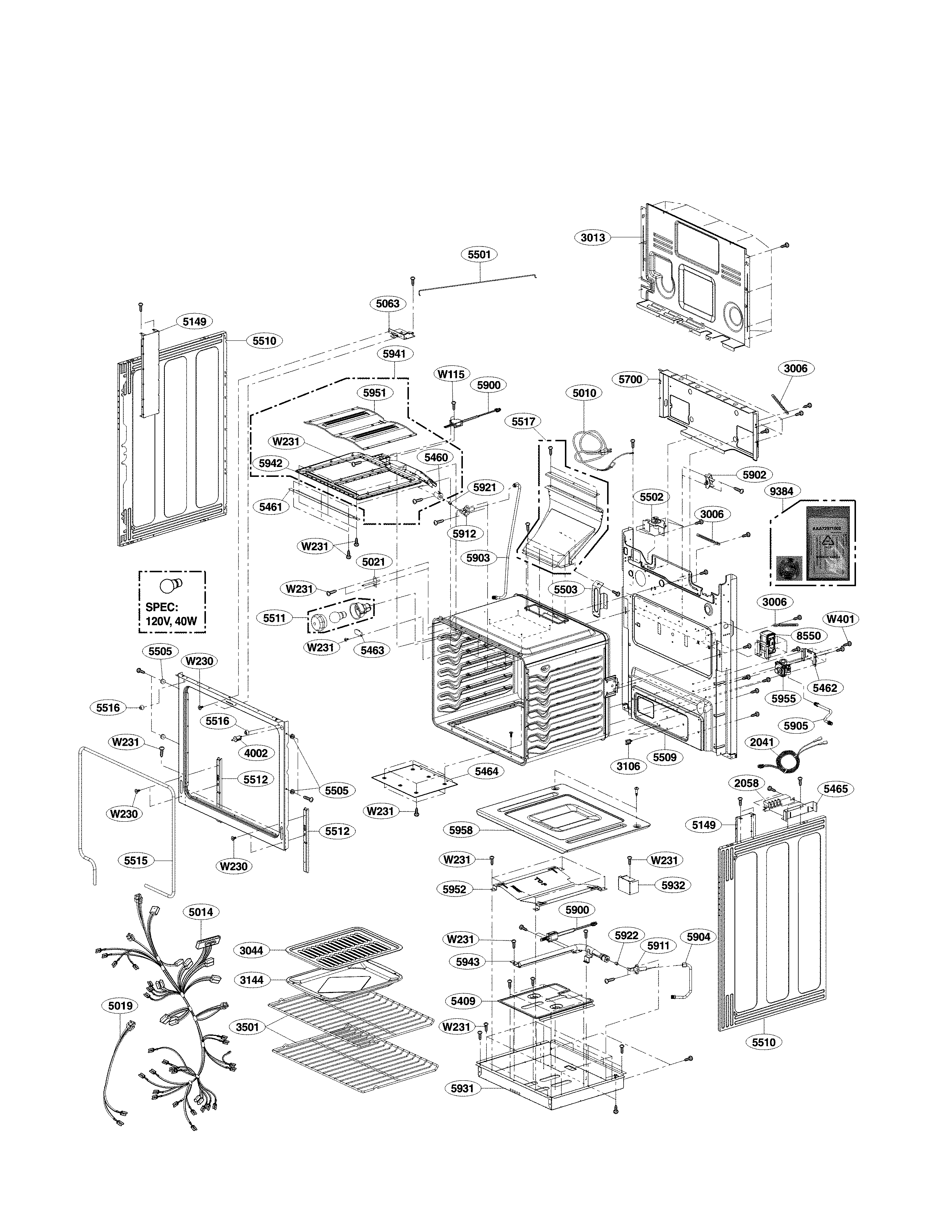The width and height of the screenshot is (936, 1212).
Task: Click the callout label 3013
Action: [x=592, y=237]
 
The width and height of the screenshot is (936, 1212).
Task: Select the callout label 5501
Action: [x=479, y=255]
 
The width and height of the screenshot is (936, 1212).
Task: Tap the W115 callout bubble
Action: [x=451, y=374]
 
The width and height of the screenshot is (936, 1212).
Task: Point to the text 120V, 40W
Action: [x=171, y=621]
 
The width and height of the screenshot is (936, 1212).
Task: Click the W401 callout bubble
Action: [x=841, y=619]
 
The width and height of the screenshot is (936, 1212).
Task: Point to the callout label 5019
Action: [x=120, y=1005]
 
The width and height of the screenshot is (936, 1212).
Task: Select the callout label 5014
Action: [x=200, y=912]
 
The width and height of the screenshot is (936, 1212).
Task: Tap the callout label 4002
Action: [x=256, y=753]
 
